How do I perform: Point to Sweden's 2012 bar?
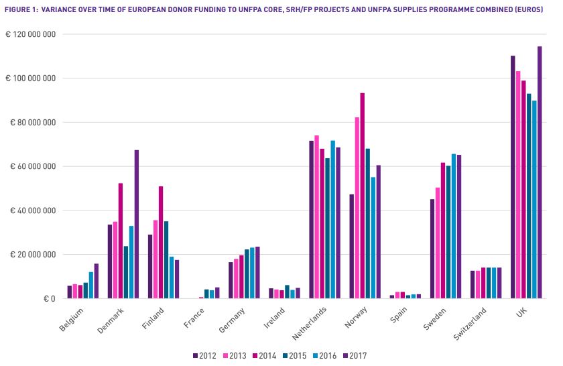(432, 249)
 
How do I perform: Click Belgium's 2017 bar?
(97, 281)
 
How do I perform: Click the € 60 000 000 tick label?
(33, 166)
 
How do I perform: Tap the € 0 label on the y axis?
(45, 298)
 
